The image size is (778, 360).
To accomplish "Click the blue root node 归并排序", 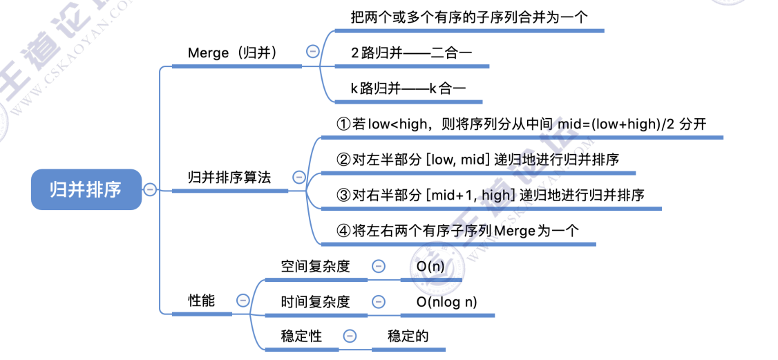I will pyautogui.click(x=86, y=189).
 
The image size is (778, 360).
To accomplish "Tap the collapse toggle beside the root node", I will pyautogui.click(x=150, y=189).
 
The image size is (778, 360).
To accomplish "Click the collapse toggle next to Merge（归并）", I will pyautogui.click(x=313, y=51).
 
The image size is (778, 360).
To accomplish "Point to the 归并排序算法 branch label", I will pyautogui.click(x=229, y=178).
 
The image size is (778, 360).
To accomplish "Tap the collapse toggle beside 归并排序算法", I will pyautogui.click(x=299, y=177).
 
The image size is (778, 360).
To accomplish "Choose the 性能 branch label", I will pyautogui.click(x=202, y=301).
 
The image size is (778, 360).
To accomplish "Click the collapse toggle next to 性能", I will pyautogui.click(x=243, y=301).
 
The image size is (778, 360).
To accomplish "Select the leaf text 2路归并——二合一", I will pyautogui.click(x=411, y=52).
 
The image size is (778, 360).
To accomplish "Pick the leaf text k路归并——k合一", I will pyautogui.click(x=408, y=88).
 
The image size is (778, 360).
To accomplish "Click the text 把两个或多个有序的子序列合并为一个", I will pyautogui.click(x=469, y=17).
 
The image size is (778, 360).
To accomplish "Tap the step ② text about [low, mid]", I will pyautogui.click(x=477, y=160).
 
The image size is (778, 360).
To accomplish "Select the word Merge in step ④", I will pyautogui.click(x=515, y=231).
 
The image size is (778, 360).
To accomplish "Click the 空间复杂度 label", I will pyautogui.click(x=316, y=267).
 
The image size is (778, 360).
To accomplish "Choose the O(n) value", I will pyautogui.click(x=430, y=267).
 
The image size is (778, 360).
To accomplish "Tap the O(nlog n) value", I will pyautogui.click(x=446, y=302).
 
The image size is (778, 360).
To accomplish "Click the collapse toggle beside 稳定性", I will pyautogui.click(x=350, y=337).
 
